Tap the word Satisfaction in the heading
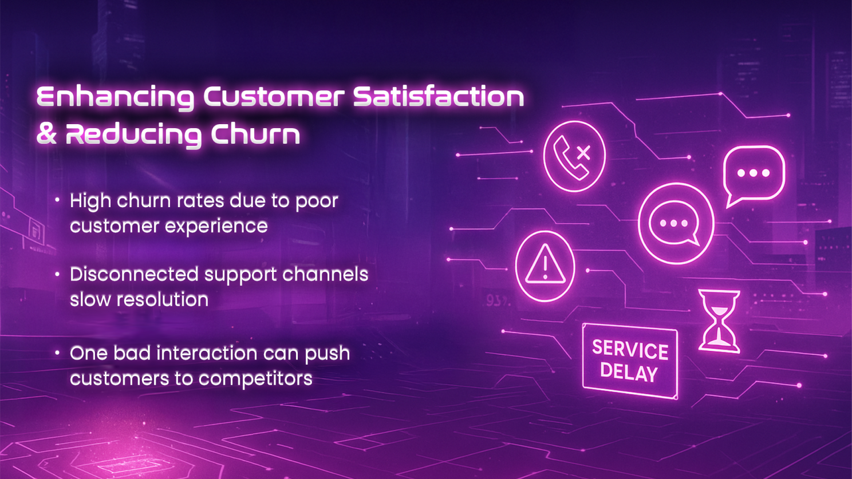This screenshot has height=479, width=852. click(439, 96)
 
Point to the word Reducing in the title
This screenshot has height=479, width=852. click(133, 135)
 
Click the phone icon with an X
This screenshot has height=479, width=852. click(574, 156)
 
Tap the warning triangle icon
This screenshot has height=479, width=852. click(545, 266)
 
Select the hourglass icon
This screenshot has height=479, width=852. click(719, 321)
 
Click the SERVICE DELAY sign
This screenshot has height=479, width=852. click(630, 361)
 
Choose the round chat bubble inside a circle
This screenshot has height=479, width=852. click(676, 224)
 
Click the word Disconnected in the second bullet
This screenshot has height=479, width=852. click(134, 274)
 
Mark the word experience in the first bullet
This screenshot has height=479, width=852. click(216, 227)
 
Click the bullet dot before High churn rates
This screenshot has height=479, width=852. click(57, 200)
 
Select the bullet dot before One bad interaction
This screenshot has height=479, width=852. click(57, 353)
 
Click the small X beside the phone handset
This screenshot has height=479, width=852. click(583, 153)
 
